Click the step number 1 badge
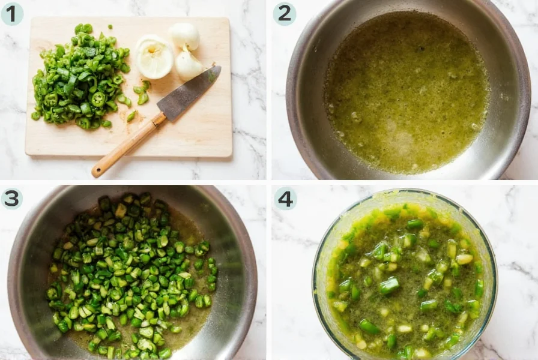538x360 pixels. point(12,13)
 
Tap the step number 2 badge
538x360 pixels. point(285,13)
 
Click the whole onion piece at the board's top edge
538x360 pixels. point(184,35)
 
